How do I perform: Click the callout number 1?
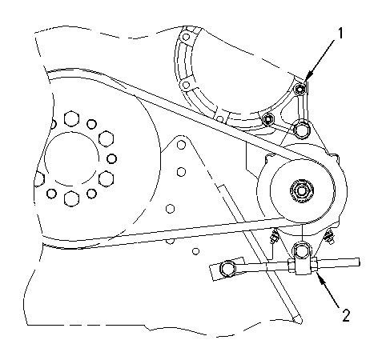[x=340, y=34]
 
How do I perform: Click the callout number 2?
[x=346, y=315]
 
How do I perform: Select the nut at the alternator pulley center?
[x=302, y=190]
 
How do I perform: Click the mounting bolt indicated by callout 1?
[x=300, y=90]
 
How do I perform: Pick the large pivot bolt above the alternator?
[x=301, y=130]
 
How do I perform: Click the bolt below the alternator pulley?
[x=301, y=250]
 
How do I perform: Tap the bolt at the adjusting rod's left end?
[x=227, y=269]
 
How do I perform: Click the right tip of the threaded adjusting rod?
[x=360, y=262]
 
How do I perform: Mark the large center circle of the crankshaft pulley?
[x=72, y=158]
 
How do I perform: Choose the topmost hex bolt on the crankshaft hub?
[x=71, y=118]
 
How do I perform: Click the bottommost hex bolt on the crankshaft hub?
[x=71, y=198]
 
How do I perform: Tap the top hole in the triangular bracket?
[x=181, y=145]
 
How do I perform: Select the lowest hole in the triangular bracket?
[x=171, y=209]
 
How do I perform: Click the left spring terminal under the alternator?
[x=274, y=236]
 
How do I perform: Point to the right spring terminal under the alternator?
[x=329, y=236]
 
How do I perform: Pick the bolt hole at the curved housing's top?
[x=186, y=37]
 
